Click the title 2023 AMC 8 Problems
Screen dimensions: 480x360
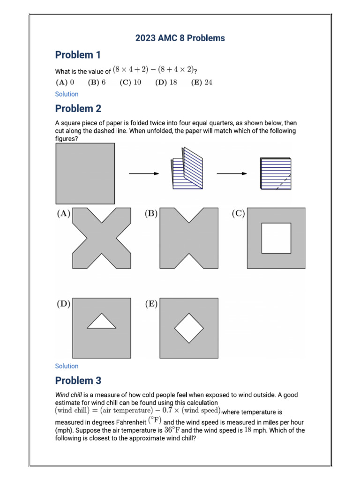pos(180,38)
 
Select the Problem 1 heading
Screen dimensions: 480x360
pos(78,55)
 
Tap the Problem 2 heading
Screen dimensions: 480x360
pos(78,109)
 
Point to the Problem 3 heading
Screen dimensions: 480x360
pos(78,381)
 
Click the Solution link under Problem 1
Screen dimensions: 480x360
pos(67,94)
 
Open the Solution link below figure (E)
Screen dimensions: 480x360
pos(67,366)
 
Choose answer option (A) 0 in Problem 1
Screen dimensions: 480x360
pos(65,82)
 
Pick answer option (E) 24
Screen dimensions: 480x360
pos(202,82)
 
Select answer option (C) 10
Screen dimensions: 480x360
pos(130,82)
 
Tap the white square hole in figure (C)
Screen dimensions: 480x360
pos(276,238)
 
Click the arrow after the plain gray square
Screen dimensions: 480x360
pos(144,173)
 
